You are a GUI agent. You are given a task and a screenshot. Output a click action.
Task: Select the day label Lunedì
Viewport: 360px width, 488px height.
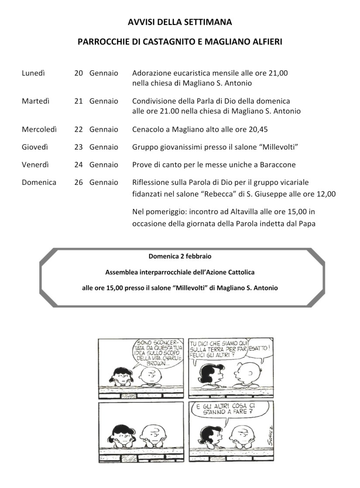[33, 73]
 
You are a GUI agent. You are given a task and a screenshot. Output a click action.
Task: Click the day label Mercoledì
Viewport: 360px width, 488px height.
[39, 130]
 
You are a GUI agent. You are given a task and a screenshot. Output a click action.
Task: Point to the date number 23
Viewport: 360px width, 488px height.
[79, 147]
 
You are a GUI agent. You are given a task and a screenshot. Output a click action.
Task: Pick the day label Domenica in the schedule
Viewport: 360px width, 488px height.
[39, 182]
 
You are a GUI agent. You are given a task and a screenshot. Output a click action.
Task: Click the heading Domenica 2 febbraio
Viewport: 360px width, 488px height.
[180, 256]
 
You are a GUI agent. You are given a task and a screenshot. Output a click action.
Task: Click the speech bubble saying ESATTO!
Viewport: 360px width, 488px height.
[261, 349]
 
